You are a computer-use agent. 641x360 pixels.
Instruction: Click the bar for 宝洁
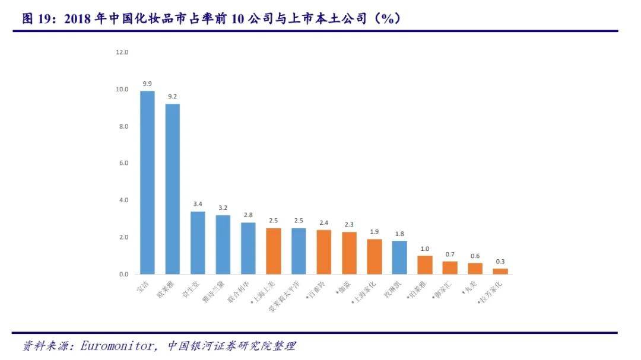(147, 182)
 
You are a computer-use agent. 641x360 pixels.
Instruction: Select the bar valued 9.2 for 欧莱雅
(172, 189)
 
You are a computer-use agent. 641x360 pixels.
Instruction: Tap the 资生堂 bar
(198, 243)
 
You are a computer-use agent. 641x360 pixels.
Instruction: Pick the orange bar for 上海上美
(273, 251)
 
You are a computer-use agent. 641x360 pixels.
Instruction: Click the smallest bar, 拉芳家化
(500, 271)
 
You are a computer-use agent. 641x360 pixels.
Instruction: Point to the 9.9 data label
(147, 84)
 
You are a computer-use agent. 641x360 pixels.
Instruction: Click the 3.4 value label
(198, 204)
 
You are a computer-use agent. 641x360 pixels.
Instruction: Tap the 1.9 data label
(375, 232)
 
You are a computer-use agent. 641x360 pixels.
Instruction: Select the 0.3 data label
(500, 262)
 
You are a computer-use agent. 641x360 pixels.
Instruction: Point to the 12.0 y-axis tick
(122, 52)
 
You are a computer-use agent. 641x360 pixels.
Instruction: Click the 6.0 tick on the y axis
(122, 163)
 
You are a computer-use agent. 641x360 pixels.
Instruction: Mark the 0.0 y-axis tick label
(122, 274)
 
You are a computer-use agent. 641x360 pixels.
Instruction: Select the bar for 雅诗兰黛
(223, 244)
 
